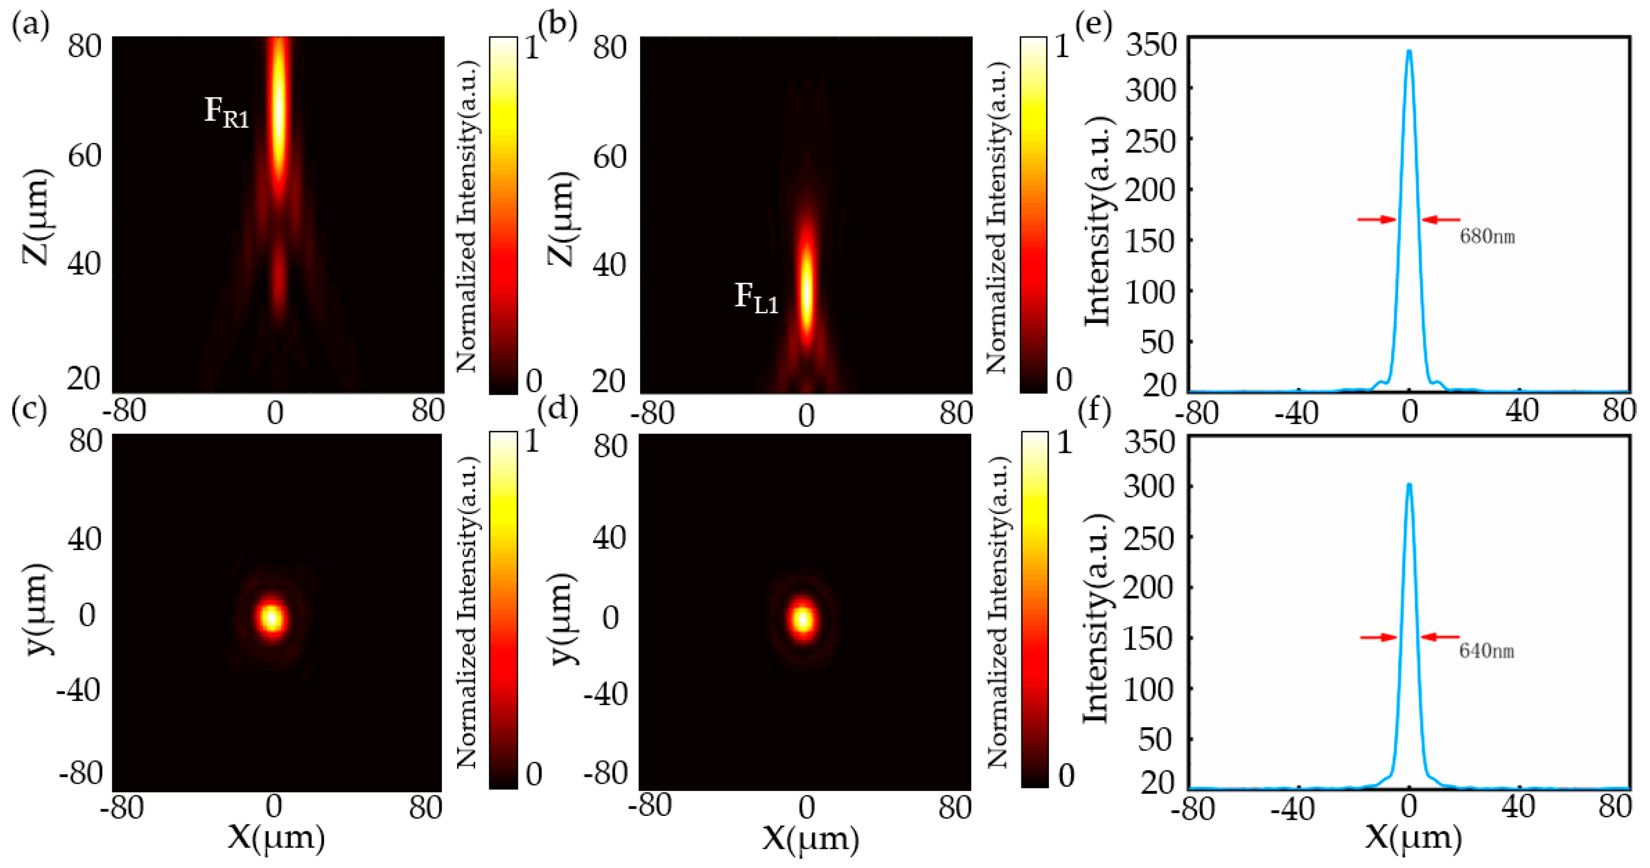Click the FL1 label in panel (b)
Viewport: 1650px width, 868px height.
coord(756,298)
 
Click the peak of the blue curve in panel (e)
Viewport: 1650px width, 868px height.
coord(1409,51)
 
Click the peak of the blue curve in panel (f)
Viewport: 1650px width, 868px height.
coord(1409,484)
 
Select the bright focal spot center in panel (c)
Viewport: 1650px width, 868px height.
coord(271,618)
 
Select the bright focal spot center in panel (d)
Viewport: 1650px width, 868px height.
coord(803,619)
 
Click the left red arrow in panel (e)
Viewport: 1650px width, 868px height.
coord(1376,220)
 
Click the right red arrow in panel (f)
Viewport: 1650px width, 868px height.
coord(1440,637)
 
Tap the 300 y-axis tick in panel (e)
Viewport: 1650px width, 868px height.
coord(1151,90)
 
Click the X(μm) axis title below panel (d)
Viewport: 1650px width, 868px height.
coord(810,838)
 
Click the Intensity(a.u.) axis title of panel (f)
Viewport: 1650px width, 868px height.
coord(1097,618)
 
